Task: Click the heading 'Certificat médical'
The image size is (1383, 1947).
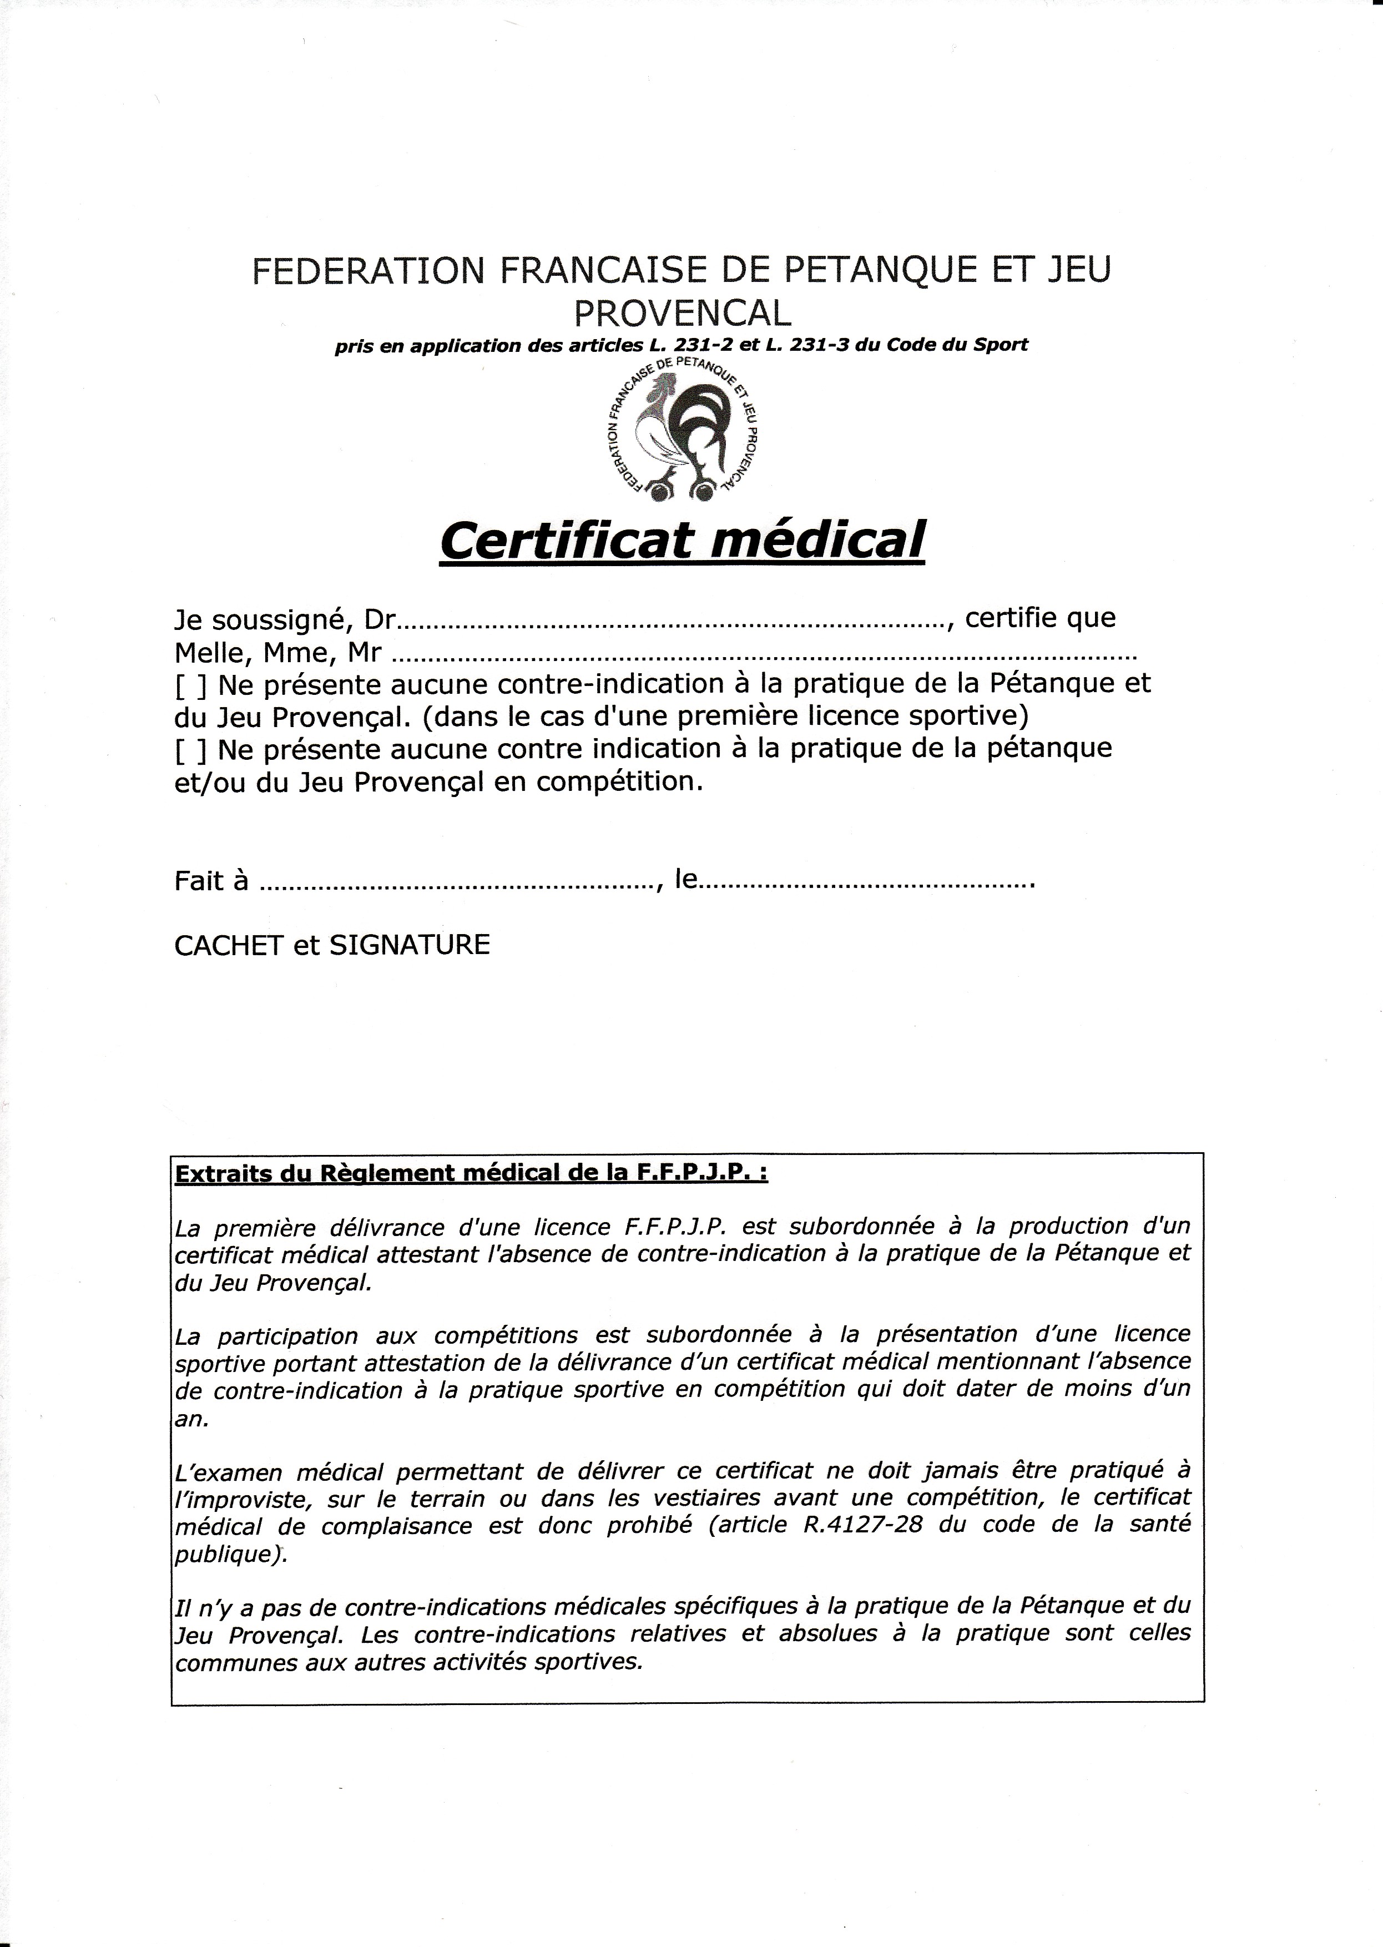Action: [682, 540]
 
